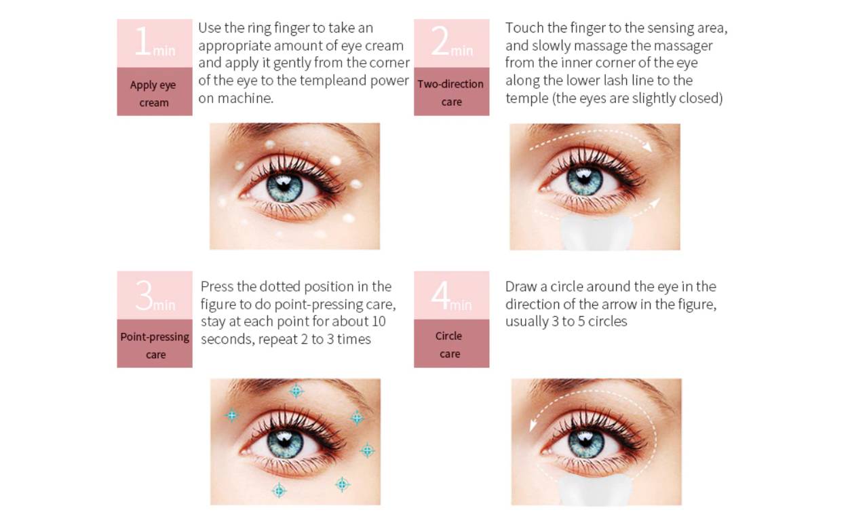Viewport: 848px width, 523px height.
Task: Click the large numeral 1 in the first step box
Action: [x=143, y=41]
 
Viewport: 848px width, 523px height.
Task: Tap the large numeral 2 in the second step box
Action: [x=440, y=41]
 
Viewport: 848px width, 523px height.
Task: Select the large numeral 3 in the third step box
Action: [x=144, y=295]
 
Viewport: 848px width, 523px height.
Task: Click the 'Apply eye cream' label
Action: [x=153, y=94]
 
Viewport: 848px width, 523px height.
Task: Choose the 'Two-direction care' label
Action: [x=451, y=93]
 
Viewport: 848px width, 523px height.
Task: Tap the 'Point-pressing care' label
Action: [x=155, y=345]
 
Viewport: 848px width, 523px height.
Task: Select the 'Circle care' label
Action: [x=449, y=345]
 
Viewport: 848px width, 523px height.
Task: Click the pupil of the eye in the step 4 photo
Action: [x=585, y=442]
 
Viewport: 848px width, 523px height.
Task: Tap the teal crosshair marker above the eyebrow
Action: [x=296, y=391]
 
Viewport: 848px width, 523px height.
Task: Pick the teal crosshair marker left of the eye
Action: [x=232, y=416]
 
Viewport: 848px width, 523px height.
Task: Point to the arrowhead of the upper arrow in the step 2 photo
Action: [x=648, y=147]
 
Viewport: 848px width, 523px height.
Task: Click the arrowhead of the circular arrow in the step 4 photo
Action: [x=533, y=425]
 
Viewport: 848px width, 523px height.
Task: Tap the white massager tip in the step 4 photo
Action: [x=595, y=490]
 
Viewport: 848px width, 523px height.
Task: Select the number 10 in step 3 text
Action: [x=378, y=322]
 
